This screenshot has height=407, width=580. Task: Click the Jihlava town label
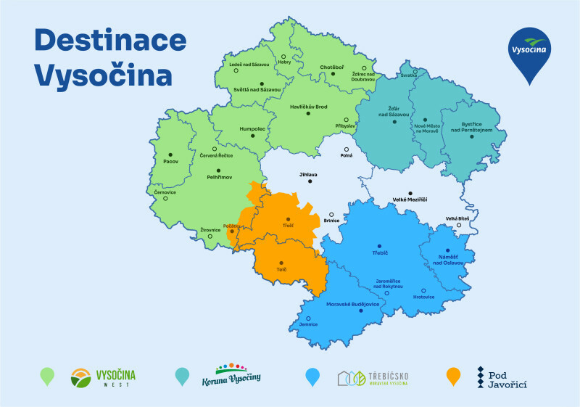308,175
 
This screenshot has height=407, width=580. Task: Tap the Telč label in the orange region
281,270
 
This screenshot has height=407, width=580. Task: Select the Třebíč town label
379,253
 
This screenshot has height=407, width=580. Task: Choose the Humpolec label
252,128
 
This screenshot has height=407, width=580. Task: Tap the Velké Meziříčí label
410,200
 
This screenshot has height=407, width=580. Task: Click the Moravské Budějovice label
353,304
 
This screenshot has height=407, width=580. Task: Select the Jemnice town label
308,326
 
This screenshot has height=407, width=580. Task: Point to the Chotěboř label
332,67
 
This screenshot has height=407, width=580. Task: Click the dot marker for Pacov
170,154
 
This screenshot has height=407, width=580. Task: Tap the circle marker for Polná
346,149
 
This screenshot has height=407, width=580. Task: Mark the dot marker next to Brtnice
331,215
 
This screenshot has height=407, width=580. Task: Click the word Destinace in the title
109,41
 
